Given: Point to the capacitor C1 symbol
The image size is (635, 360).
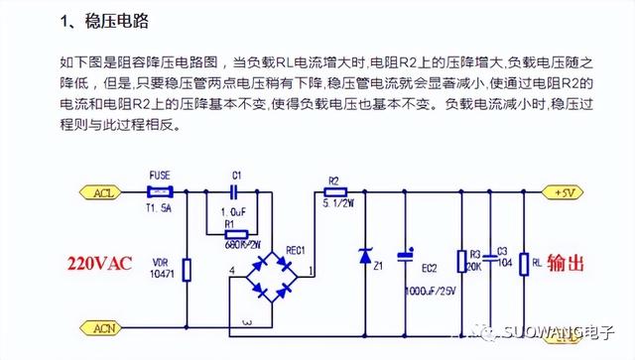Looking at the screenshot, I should [235, 192].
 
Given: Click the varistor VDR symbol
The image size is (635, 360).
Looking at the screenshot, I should [188, 268].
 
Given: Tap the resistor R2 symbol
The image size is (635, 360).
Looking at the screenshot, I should [335, 192].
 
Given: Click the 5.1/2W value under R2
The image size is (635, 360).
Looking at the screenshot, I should [336, 206].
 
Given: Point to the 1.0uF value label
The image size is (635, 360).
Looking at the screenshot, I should [232, 212].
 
